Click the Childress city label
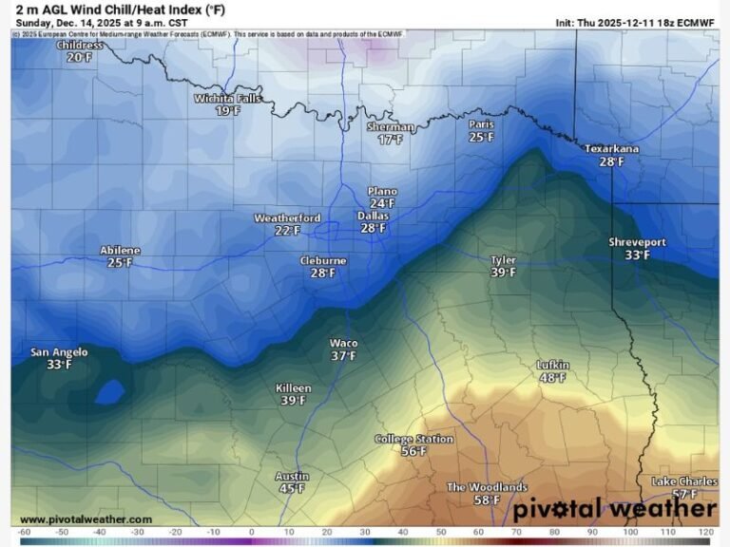(x=80, y=45)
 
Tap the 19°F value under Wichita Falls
(x=227, y=110)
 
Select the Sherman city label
(x=390, y=126)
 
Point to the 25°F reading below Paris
(x=482, y=137)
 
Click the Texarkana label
(x=611, y=149)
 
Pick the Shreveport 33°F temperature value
(x=638, y=255)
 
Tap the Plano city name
(x=382, y=191)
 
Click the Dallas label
(x=373, y=216)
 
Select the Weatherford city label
(x=287, y=217)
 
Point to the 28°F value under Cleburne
(x=323, y=273)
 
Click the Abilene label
(x=120, y=251)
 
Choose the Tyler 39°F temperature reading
(x=504, y=273)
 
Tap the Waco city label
(x=343, y=343)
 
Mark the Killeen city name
(x=293, y=388)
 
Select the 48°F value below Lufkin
(x=552, y=378)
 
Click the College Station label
(x=413, y=440)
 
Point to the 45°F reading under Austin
(x=292, y=489)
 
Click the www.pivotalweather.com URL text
(x=86, y=519)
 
